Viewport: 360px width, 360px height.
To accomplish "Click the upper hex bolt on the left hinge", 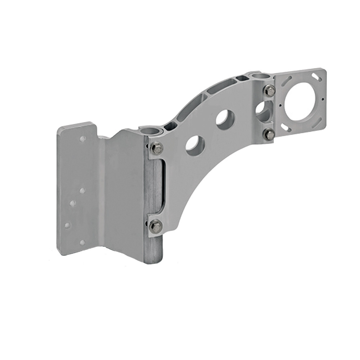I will click(x=156, y=148).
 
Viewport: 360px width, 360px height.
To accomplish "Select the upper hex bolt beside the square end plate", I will click(x=270, y=90).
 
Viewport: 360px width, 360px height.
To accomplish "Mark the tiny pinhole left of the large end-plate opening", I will click(x=279, y=105).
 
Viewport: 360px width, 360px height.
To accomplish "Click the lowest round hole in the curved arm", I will click(x=195, y=144).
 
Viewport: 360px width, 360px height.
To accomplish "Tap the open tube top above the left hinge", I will click(x=149, y=129).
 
